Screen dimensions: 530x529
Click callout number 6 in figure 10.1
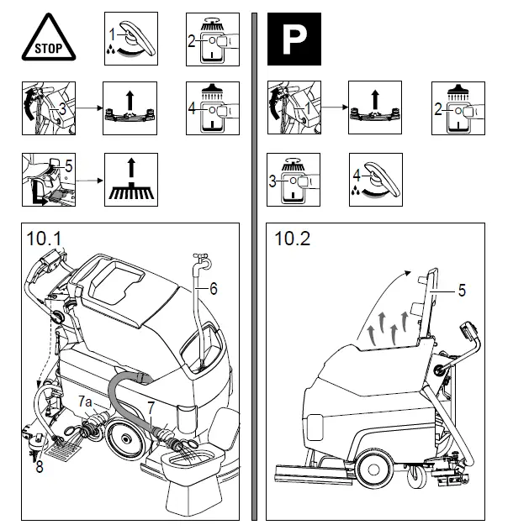tap(214, 288)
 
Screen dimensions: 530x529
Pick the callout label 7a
tap(85, 403)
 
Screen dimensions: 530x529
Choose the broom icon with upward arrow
tap(130, 180)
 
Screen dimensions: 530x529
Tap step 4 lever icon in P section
tap(376, 180)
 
